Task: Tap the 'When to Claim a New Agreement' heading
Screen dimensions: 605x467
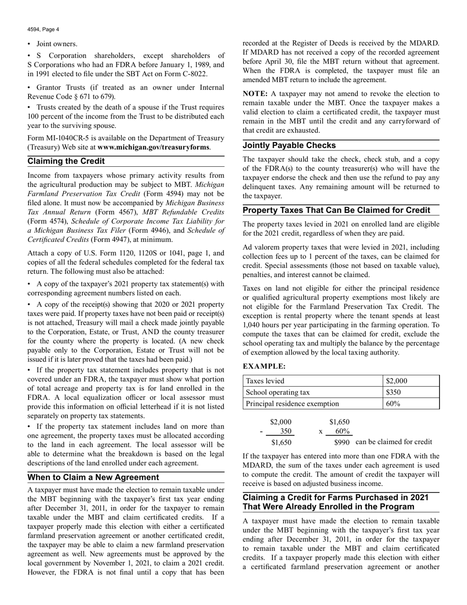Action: [x=93, y=477]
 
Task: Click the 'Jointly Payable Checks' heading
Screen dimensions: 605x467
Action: [x=290, y=146]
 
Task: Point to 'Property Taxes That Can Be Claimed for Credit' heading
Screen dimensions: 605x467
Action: [x=337, y=211]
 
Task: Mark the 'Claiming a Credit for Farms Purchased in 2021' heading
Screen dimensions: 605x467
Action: [x=335, y=497]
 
